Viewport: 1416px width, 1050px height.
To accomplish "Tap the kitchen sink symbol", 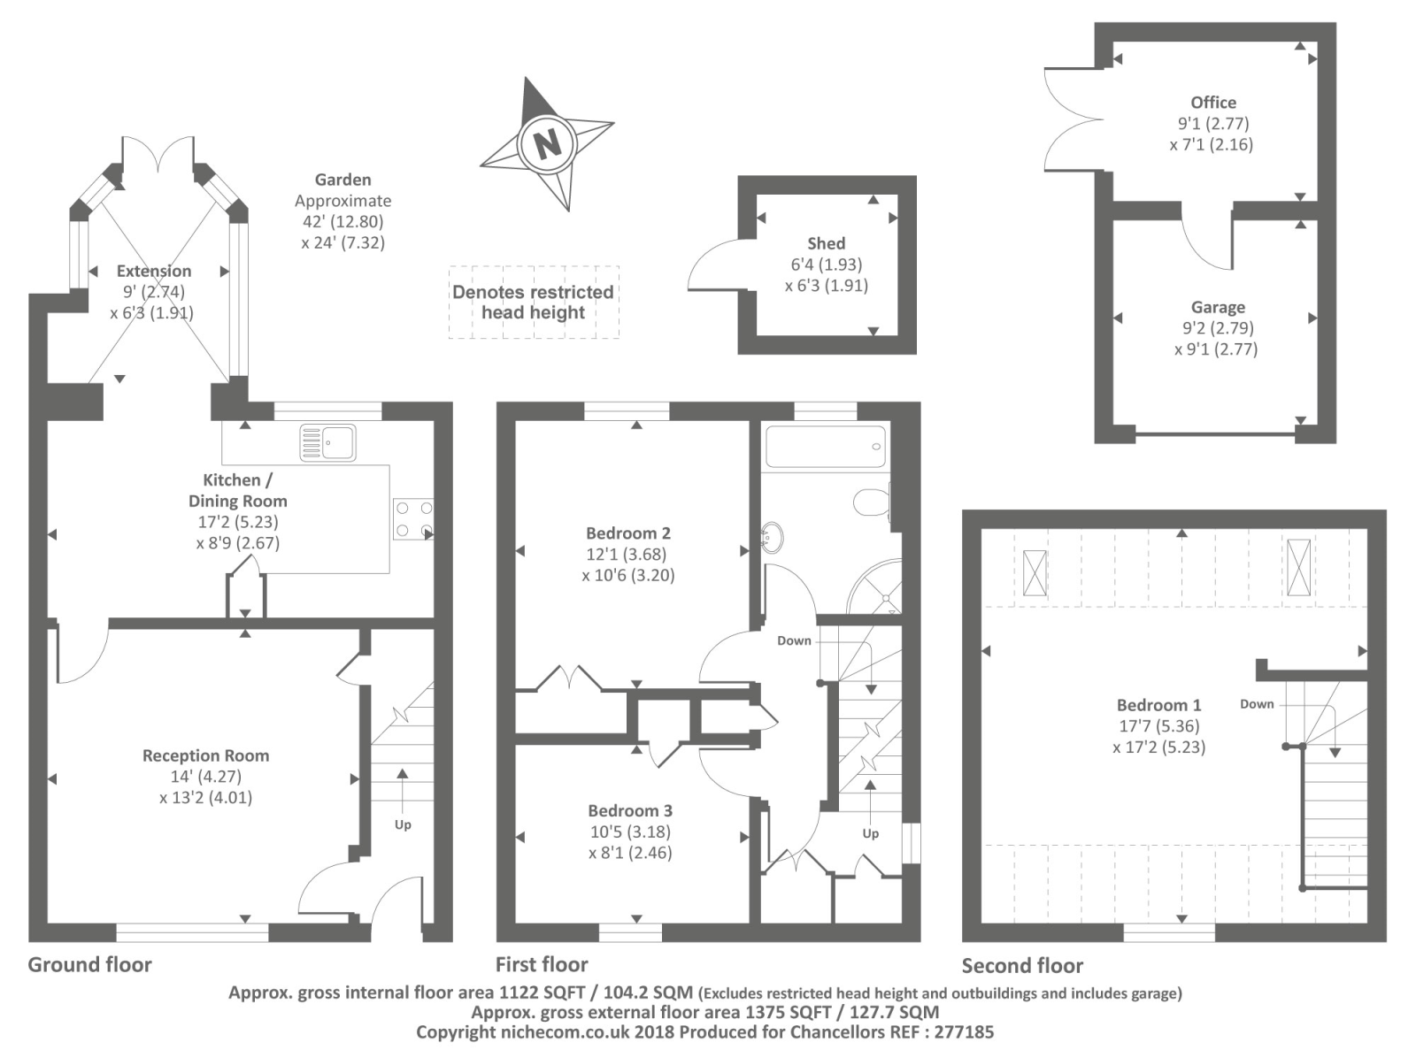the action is click(x=327, y=442).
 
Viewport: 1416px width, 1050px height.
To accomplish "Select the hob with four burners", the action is click(x=413, y=519).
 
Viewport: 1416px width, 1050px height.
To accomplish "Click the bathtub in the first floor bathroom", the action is click(x=825, y=447).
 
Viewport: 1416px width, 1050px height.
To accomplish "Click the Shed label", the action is click(x=826, y=243).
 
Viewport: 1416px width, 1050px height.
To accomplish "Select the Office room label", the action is click(x=1212, y=103).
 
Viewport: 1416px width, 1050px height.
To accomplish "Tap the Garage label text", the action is click(x=1218, y=308).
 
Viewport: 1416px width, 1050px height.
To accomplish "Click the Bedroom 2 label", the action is click(x=627, y=533).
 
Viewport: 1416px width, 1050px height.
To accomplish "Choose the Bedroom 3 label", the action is click(x=629, y=811).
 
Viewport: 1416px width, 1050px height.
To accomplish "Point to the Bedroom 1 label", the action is click(x=1158, y=705).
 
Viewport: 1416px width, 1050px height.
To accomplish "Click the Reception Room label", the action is click(x=205, y=756).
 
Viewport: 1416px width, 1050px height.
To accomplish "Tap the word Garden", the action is click(x=342, y=180).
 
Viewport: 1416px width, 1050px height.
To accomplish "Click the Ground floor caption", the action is click(x=89, y=964).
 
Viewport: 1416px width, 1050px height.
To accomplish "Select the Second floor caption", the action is click(x=1022, y=965).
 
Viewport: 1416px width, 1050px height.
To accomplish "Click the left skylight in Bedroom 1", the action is click(x=1034, y=572).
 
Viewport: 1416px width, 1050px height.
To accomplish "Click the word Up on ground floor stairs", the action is click(x=403, y=824).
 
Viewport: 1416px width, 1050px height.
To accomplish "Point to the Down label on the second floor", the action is click(x=1257, y=704).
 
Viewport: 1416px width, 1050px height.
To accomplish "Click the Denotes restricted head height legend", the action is click(x=533, y=303).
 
